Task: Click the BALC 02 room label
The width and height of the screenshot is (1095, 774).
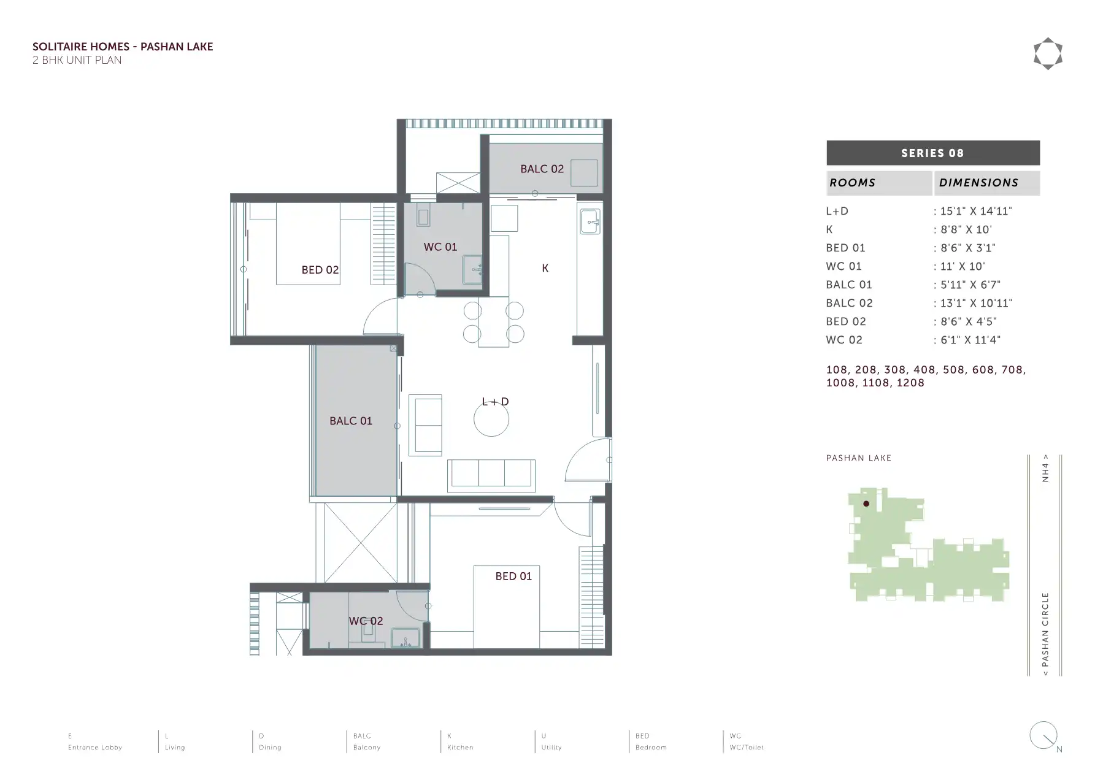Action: [x=542, y=169]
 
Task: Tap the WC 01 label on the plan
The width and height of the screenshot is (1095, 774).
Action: [x=440, y=247]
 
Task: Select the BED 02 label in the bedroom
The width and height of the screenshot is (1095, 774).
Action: [x=320, y=270]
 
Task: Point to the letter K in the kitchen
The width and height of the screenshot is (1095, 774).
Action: [x=545, y=268]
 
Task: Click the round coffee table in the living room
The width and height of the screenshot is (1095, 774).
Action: [x=491, y=420]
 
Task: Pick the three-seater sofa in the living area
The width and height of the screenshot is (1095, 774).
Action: [x=491, y=475]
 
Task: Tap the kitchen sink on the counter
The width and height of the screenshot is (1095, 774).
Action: [x=590, y=221]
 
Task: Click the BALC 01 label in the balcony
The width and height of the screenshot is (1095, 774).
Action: [x=351, y=421]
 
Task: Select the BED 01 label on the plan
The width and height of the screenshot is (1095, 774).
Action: [x=513, y=576]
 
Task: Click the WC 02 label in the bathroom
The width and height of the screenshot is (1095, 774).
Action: [x=366, y=621]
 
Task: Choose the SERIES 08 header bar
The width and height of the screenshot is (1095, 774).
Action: [x=932, y=153]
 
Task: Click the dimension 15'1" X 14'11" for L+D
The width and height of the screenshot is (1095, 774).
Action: [x=975, y=211]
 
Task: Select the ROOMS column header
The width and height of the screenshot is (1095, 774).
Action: [x=852, y=183]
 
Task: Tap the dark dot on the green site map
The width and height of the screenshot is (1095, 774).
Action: [x=866, y=504]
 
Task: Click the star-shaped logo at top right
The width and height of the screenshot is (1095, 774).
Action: [x=1048, y=54]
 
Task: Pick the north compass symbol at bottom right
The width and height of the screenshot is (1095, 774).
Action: [x=1044, y=735]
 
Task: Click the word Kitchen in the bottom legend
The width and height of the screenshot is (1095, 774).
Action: [x=460, y=748]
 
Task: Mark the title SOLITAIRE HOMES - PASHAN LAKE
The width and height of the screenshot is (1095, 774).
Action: [x=123, y=47]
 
